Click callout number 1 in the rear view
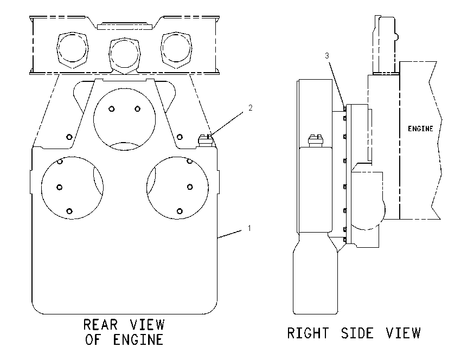[249, 228]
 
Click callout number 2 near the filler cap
[250, 108]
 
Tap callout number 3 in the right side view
[327, 55]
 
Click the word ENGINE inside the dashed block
[420, 128]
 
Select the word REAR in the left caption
[100, 325]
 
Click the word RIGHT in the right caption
[308, 333]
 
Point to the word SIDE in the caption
[357, 333]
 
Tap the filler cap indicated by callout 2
[206, 140]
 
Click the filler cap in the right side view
[316, 141]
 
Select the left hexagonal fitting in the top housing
[72, 50]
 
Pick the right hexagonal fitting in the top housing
[176, 50]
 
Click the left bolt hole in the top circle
[111, 109]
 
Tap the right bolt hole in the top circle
[137, 109]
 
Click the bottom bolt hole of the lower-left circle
[69, 211]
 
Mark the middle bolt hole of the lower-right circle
[190, 187]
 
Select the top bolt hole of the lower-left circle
[60, 162]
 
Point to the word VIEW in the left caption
[148, 325]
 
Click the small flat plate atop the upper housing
[125, 27]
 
